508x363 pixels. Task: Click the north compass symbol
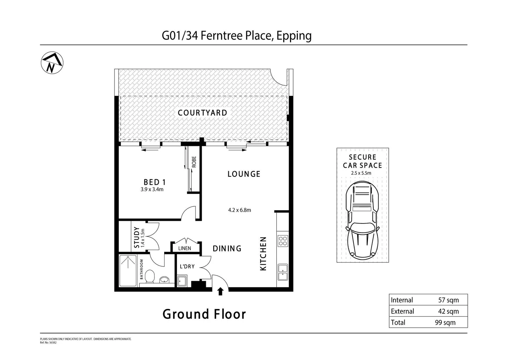52,63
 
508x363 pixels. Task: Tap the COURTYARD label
202,113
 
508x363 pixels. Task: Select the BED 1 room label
154,182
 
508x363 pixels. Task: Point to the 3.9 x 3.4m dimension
152,190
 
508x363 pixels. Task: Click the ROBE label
194,162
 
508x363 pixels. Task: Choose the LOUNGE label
244,174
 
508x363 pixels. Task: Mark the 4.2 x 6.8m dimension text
239,210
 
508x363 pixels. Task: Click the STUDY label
137,237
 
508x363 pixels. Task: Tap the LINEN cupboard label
184,248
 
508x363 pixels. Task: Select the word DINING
227,248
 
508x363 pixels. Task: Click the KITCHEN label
263,253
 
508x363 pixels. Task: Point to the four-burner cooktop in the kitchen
283,241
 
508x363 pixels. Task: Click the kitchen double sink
283,272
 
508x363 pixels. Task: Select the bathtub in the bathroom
128,271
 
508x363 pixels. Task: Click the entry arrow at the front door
220,291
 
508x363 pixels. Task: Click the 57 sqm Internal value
448,300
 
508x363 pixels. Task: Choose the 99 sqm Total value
445,323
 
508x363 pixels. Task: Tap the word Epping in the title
294,36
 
